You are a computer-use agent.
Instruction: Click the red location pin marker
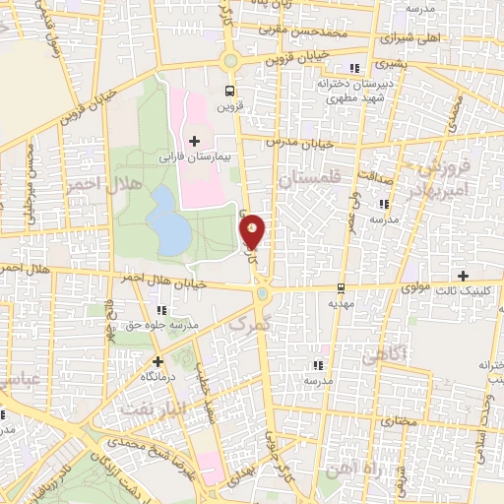(x=254, y=231)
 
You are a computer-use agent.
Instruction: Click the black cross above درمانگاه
(x=158, y=361)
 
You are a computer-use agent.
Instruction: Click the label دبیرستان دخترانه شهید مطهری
(x=354, y=92)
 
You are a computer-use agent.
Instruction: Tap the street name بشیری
(x=388, y=61)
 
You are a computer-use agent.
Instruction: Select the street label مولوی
(x=418, y=288)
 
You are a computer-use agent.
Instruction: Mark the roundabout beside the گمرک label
(x=263, y=292)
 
